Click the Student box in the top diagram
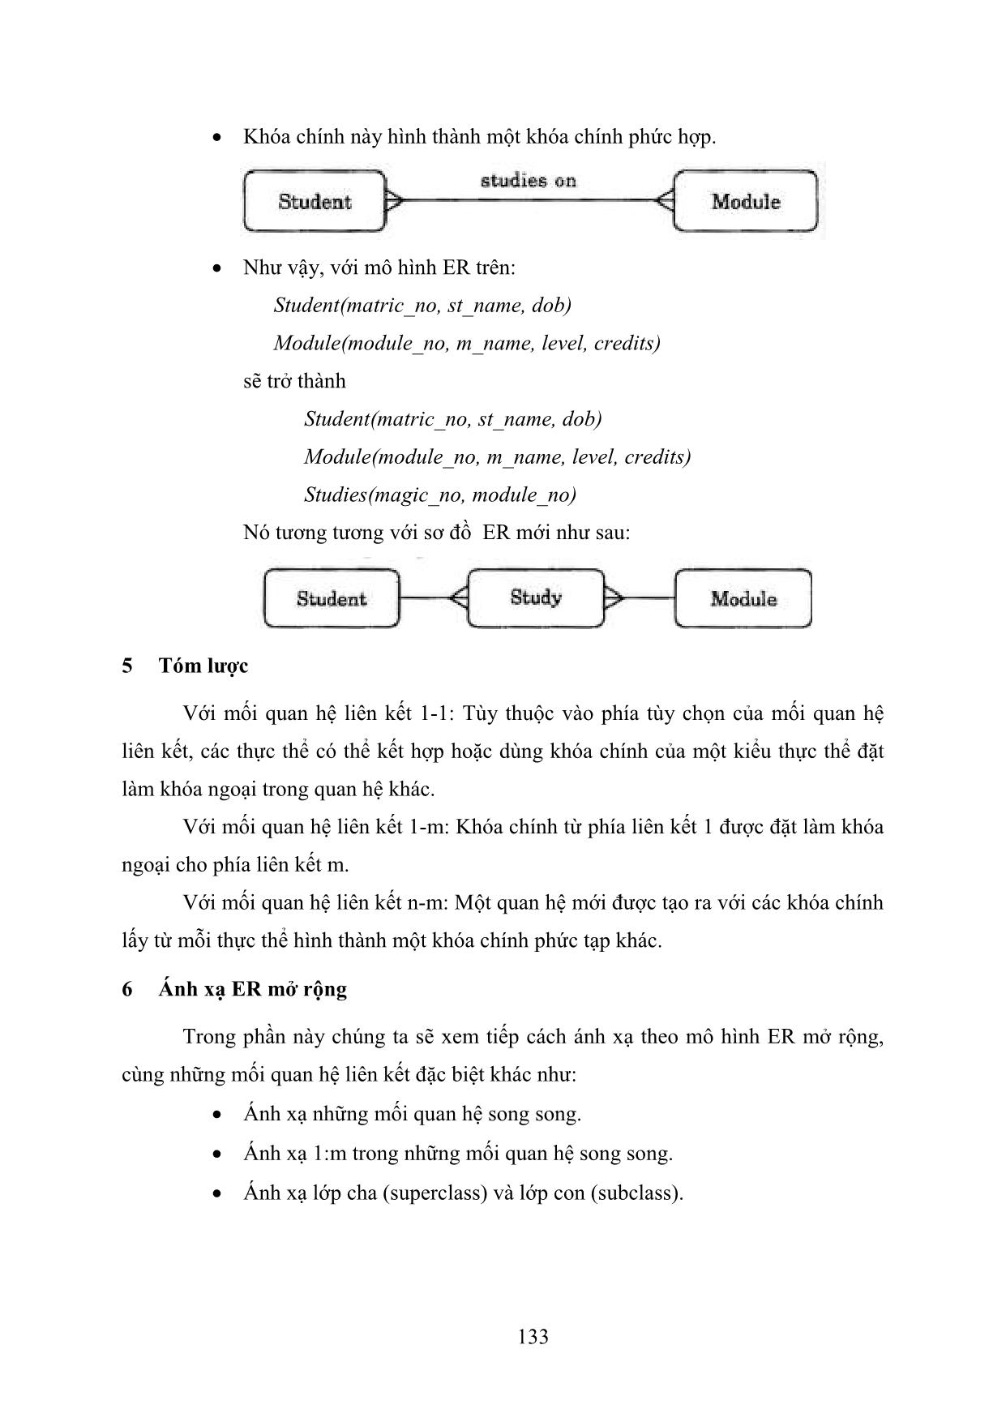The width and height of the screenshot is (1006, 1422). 315,201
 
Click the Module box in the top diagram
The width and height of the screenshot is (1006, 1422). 745,201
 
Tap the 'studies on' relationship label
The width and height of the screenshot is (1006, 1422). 528,181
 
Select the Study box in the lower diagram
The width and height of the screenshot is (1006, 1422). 536,598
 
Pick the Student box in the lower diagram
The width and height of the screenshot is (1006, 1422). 332,599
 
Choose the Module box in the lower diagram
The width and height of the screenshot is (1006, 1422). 743,599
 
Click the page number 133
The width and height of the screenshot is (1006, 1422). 533,1336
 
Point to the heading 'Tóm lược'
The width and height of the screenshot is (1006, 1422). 203,666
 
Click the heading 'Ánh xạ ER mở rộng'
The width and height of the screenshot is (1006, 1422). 252,989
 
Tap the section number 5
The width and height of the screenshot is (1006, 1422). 127,666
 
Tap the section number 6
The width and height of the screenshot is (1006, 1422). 127,989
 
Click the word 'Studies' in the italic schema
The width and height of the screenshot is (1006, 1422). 333,495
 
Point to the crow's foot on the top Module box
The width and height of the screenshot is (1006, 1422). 664,200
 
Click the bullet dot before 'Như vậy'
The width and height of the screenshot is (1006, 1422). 216,268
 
